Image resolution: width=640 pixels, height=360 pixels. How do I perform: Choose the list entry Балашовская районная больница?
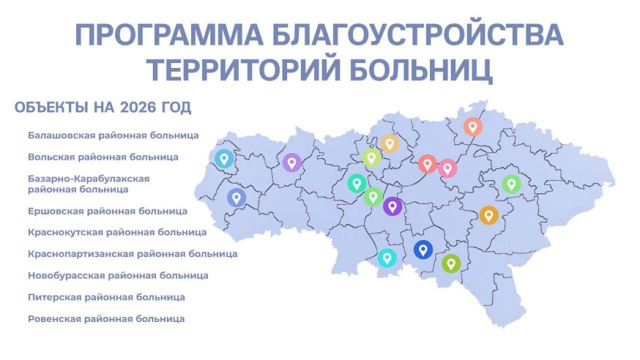(113, 135)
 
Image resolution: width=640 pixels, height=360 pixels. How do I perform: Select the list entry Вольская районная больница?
(103, 157)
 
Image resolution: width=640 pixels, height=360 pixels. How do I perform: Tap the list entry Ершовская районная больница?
(107, 211)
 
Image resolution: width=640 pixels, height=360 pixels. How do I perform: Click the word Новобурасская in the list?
(66, 275)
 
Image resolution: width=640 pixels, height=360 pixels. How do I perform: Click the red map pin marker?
(428, 163)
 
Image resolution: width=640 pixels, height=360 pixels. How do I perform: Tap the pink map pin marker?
(447, 168)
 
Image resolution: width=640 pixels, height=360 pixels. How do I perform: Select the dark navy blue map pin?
(423, 249)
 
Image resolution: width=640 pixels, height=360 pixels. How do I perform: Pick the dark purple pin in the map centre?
(392, 206)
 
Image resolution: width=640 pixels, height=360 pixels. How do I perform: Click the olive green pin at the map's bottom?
(451, 263)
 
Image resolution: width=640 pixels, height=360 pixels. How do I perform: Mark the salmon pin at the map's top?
(473, 126)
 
